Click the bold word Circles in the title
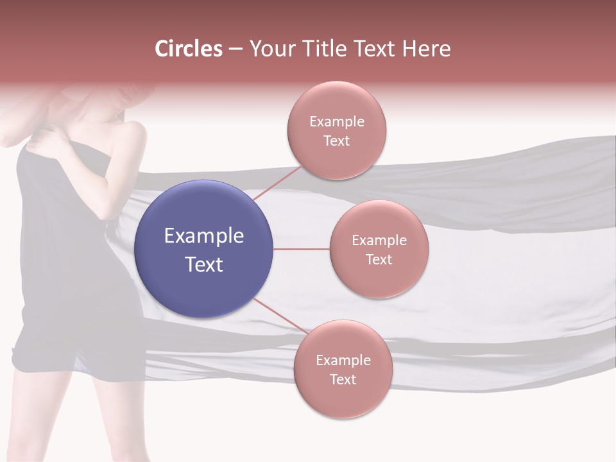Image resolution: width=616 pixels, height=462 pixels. click(x=189, y=49)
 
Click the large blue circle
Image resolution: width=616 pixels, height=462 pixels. click(x=204, y=249)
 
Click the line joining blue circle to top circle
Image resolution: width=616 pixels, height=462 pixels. click(x=277, y=182)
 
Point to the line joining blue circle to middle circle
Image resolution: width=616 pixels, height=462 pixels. click(x=302, y=249)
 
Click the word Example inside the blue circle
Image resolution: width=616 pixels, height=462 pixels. click(x=204, y=236)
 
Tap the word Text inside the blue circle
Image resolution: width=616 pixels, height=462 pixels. click(x=204, y=264)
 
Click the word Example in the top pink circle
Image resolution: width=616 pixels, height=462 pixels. click(x=337, y=122)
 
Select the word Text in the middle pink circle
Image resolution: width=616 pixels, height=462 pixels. click(x=379, y=259)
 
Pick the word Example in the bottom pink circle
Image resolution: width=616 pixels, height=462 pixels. click(x=343, y=361)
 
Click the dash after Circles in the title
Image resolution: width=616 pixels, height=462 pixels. click(x=235, y=49)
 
